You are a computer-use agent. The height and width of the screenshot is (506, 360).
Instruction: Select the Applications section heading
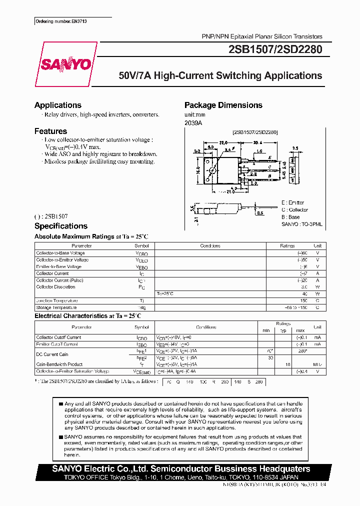pyautogui.click(x=57, y=105)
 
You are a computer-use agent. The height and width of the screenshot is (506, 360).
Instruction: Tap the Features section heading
pyautogui.click(x=50, y=131)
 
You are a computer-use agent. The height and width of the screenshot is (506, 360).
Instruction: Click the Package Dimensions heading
pyautogui.click(x=223, y=105)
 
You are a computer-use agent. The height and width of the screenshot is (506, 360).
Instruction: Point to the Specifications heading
pyautogui.click(x=60, y=226)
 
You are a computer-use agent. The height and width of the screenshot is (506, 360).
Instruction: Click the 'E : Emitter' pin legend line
pyautogui.click(x=292, y=202)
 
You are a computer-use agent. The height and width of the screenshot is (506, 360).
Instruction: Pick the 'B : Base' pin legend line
pyautogui.click(x=290, y=217)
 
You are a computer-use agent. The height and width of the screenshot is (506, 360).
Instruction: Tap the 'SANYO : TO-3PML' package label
pyautogui.click(x=302, y=224)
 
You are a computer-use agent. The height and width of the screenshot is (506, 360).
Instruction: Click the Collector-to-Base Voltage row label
pyautogui.click(x=60, y=253)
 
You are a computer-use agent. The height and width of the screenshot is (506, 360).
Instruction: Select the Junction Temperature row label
pyautogui.click(x=56, y=300)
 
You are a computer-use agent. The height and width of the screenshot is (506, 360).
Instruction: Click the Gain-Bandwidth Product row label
pyautogui.click(x=59, y=364)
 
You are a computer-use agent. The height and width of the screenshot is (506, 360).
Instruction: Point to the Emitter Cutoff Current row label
pyautogui.click(x=57, y=344)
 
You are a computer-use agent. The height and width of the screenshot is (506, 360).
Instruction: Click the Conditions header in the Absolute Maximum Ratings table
pyautogui.click(x=210, y=246)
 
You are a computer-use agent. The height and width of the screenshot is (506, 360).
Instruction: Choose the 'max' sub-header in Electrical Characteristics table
pyautogui.click(x=300, y=330)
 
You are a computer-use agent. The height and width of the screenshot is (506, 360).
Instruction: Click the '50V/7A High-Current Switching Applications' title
pyautogui.click(x=220, y=76)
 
